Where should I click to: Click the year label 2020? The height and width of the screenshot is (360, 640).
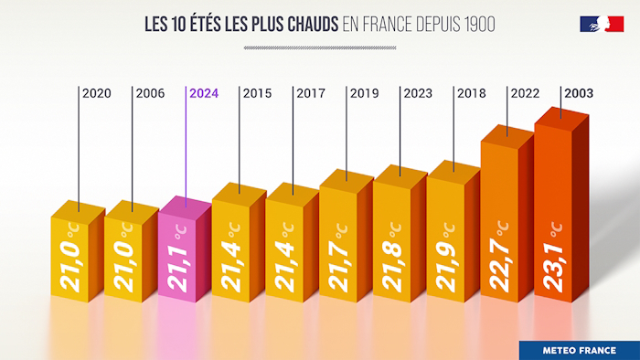(x=97, y=93)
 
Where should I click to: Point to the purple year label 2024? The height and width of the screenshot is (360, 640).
(x=204, y=93)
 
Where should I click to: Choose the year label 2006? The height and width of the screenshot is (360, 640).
(x=151, y=93)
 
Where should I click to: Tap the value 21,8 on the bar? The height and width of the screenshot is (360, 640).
(x=394, y=265)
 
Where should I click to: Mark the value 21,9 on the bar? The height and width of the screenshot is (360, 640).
(x=447, y=265)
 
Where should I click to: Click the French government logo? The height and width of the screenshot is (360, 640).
(x=602, y=24)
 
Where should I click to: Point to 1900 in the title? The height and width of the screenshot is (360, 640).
(x=475, y=25)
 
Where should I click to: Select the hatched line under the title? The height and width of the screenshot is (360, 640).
(x=320, y=47)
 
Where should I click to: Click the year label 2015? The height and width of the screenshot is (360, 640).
(x=258, y=93)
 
